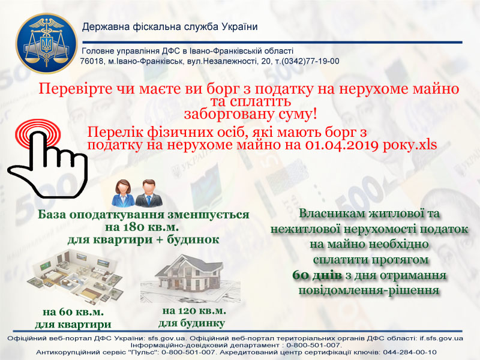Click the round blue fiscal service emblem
47,43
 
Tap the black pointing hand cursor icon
48,164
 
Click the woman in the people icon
124,193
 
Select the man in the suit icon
149,193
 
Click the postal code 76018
92,61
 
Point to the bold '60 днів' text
317,275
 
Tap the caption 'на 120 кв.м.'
194,311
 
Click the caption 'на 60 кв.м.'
73,312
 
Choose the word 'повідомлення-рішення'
369,290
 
